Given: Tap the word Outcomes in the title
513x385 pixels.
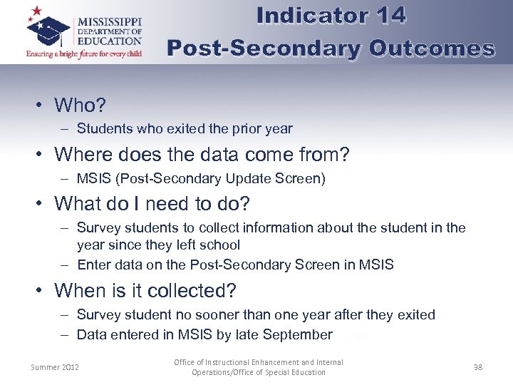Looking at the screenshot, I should (432, 48).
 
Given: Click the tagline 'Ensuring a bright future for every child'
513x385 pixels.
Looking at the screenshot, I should (84, 54).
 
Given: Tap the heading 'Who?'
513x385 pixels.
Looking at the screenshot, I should (80, 106).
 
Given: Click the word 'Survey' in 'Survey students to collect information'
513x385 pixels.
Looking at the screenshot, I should (98, 228).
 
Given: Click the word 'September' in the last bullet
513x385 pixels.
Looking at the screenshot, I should (297, 334).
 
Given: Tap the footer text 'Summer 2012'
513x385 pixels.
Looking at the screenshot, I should (55, 367).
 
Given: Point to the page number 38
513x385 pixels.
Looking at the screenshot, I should (477, 367).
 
